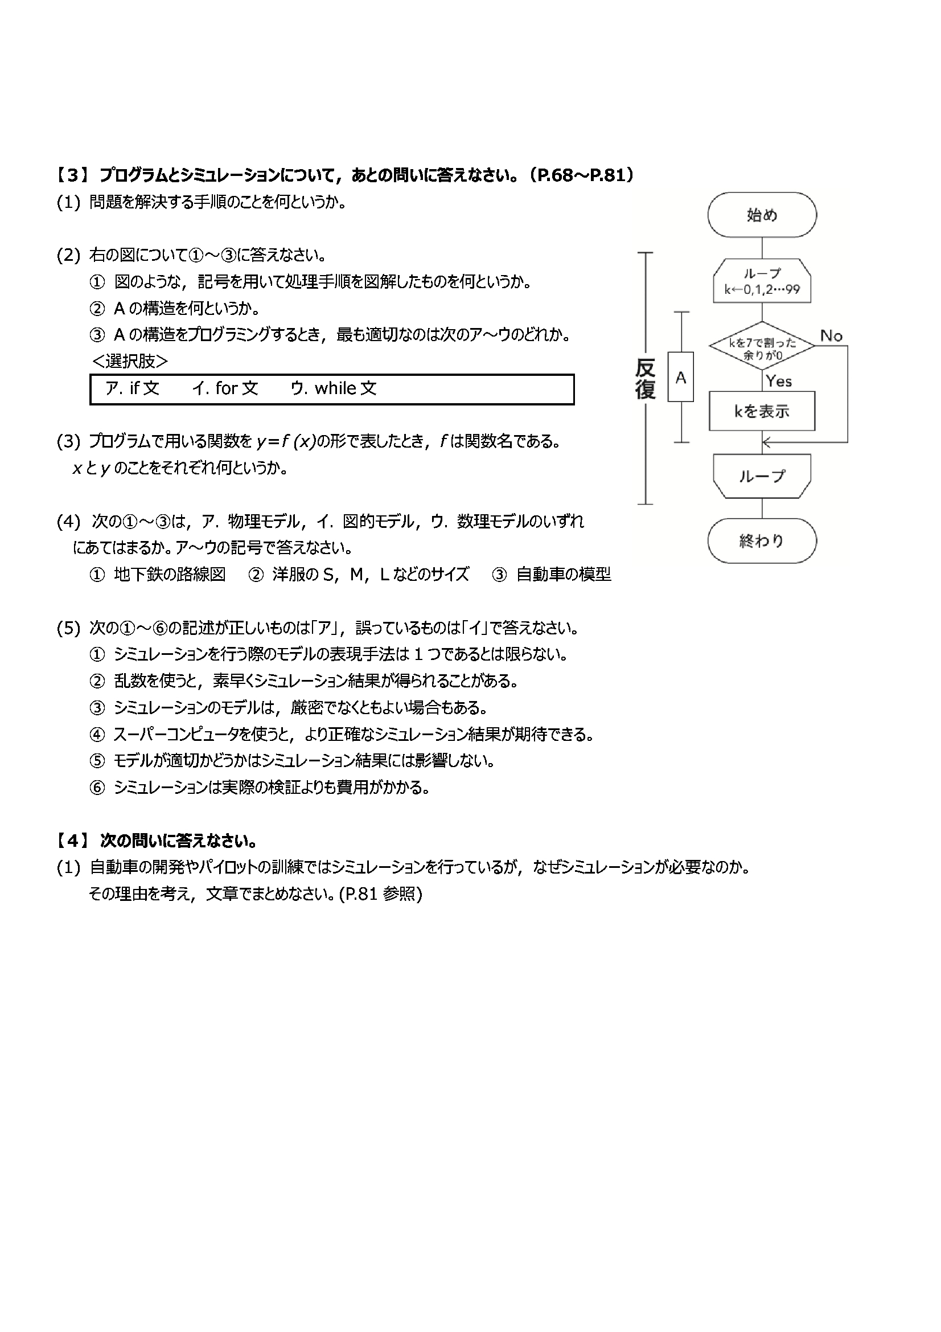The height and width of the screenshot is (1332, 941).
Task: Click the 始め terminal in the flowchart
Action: (x=761, y=215)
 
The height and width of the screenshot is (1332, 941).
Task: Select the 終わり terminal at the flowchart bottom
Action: (x=761, y=540)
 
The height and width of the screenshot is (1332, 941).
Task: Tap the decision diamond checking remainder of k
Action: (x=761, y=346)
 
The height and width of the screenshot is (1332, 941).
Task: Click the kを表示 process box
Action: (x=761, y=411)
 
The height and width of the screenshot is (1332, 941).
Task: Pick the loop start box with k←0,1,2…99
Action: (x=761, y=281)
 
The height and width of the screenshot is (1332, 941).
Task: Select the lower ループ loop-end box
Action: (x=761, y=476)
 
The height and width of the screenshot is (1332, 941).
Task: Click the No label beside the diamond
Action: (x=831, y=335)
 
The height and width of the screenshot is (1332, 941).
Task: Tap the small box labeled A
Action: (x=681, y=377)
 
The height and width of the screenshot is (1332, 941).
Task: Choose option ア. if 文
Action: (x=132, y=388)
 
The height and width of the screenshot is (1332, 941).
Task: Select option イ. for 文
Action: (x=225, y=388)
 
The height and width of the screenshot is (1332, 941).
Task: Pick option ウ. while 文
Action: (x=334, y=388)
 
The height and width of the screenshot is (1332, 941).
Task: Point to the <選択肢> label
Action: (x=130, y=362)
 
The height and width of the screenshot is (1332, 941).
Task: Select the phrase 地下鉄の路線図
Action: (x=169, y=575)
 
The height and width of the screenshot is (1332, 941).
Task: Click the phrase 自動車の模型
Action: (x=564, y=575)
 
